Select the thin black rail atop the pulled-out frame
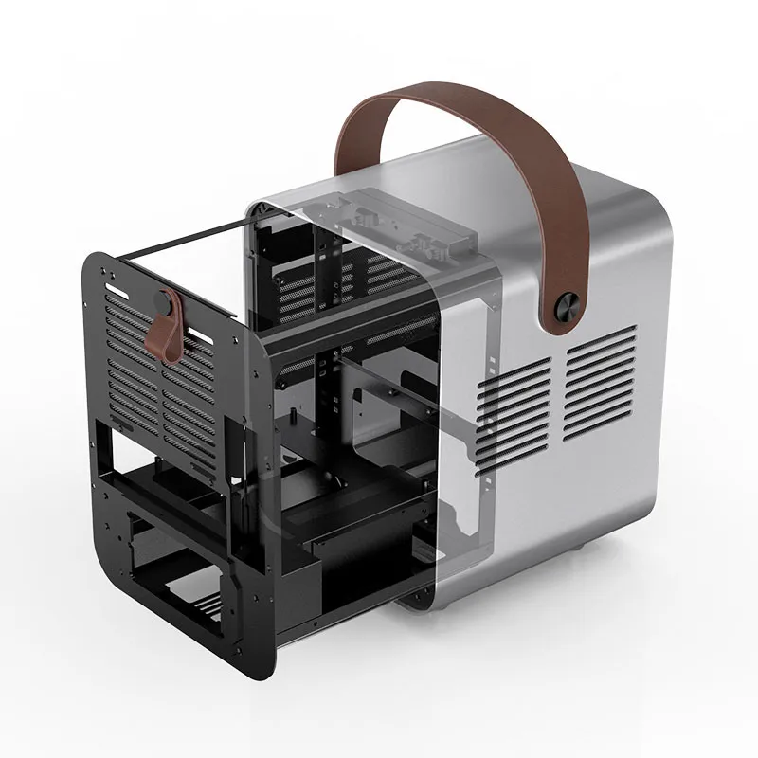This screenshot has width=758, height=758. (x=180, y=240)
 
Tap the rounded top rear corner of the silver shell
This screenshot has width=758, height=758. (x=654, y=189)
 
